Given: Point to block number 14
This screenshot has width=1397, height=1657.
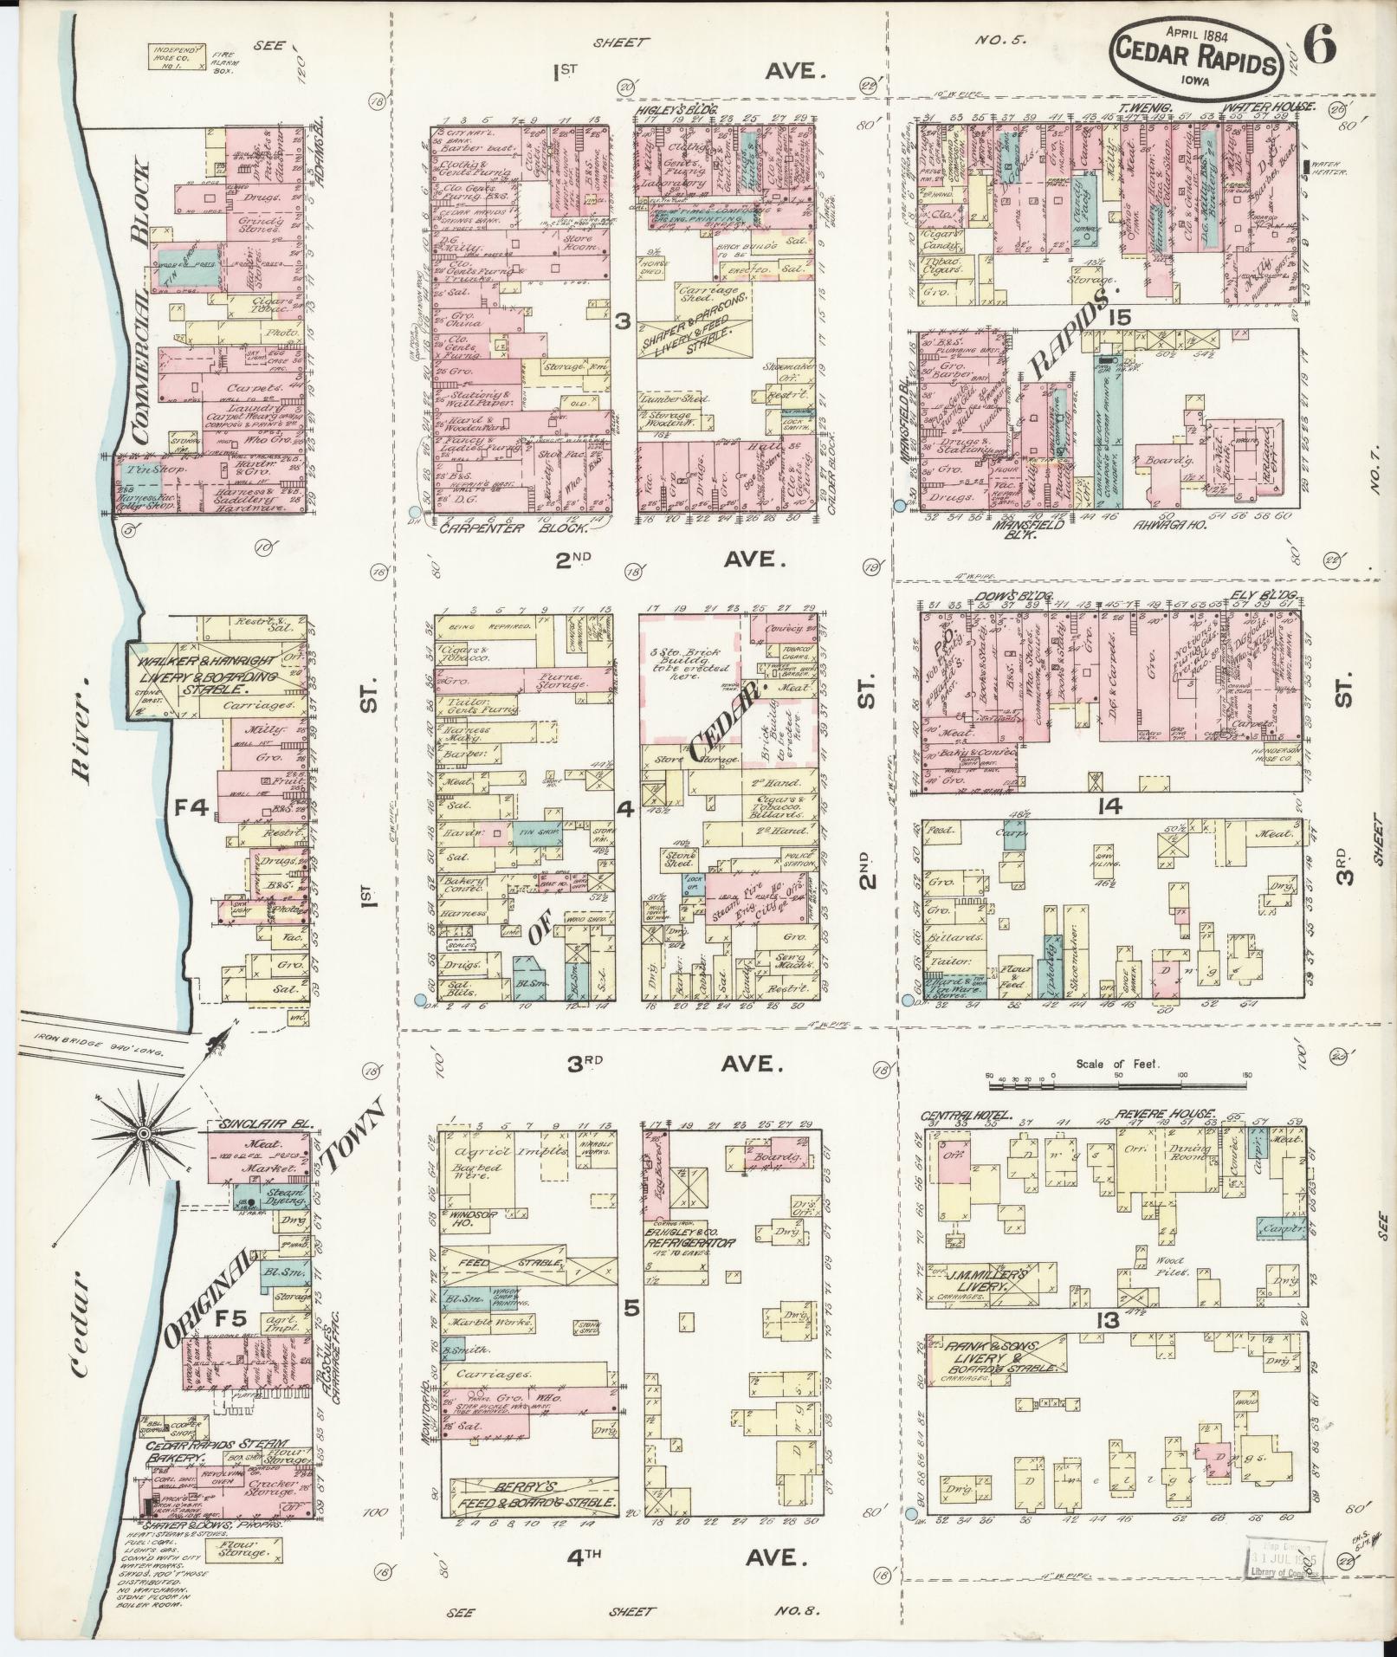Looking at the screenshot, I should click(1109, 807).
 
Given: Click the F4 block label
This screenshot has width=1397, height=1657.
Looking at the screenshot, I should click(190, 809).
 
